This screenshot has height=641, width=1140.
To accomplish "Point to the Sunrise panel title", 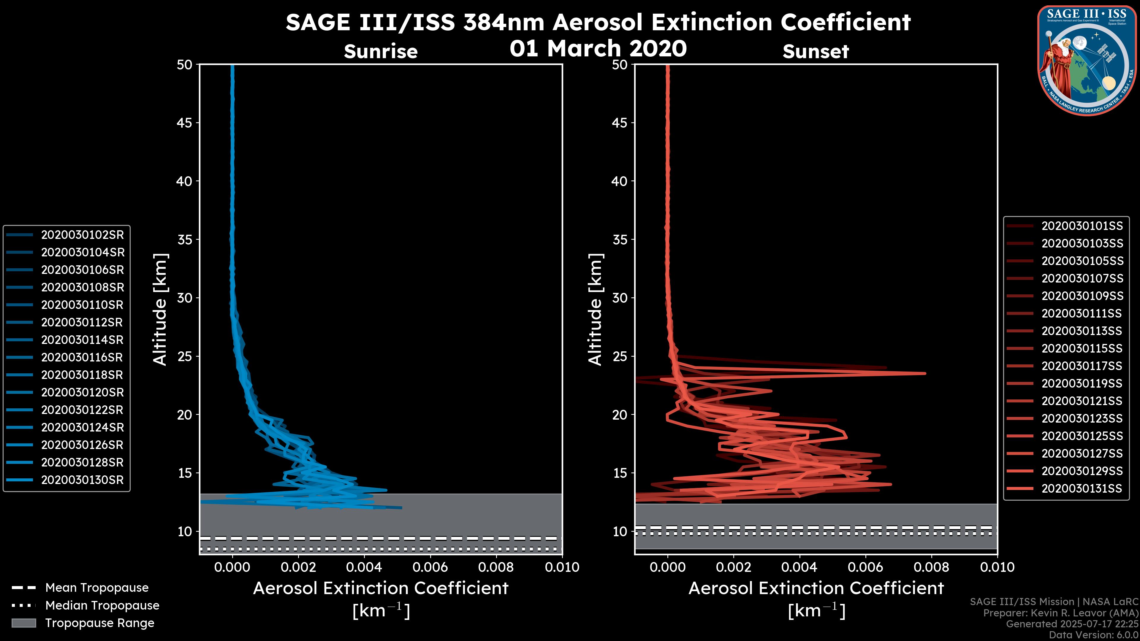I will coord(381,51).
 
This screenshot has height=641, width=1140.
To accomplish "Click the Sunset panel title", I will coord(816,51).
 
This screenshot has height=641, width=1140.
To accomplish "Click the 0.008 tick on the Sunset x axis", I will coord(932,567).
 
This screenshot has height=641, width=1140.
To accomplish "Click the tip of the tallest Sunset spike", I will coord(925,373).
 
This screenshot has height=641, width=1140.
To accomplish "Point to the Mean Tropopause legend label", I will coord(97,588).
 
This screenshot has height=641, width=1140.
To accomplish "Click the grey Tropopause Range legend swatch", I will coord(23,623).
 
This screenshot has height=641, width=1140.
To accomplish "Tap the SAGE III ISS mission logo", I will coord(1087,60).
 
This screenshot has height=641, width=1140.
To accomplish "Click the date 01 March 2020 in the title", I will coord(598,48).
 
